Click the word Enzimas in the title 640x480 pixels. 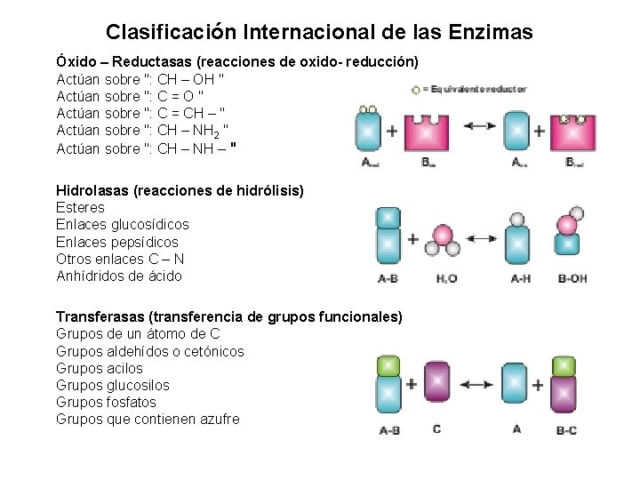tap(491, 33)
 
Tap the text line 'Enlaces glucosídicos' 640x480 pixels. tap(122, 225)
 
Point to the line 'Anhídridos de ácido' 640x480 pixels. tap(118, 276)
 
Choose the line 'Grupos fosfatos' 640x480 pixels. tap(106, 402)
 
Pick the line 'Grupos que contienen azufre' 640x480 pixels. tap(148, 419)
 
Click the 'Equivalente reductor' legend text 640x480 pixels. tap(475, 89)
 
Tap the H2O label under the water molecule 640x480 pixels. tap(447, 278)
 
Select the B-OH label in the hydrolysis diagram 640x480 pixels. tap(571, 278)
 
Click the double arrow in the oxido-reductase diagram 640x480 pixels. tap(479, 126)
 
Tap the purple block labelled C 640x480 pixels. tap(436, 385)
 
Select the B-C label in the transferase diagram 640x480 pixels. tap(565, 430)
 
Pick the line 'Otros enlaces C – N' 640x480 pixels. tap(118, 259)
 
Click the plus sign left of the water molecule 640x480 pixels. tap(412, 239)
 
